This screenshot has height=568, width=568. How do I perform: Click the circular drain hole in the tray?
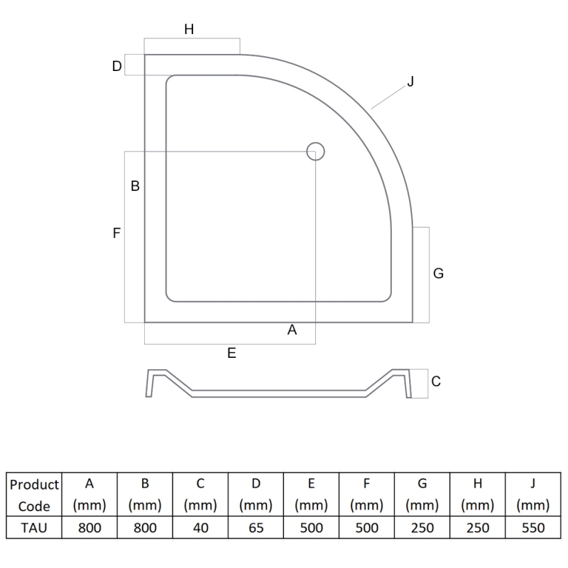click(315, 151)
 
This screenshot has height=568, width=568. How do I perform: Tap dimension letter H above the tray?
click(189, 29)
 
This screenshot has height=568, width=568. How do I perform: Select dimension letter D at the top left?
click(116, 66)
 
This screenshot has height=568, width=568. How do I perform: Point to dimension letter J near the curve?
click(410, 82)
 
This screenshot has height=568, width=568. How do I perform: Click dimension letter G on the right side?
click(438, 273)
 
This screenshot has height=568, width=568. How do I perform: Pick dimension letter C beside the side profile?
click(436, 381)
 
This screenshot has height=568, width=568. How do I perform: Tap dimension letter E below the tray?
click(232, 353)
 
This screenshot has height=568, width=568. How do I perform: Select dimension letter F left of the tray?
click(116, 233)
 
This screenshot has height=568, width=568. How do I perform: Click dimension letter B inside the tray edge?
click(135, 186)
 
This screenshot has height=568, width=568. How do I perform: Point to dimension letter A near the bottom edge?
click(292, 330)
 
